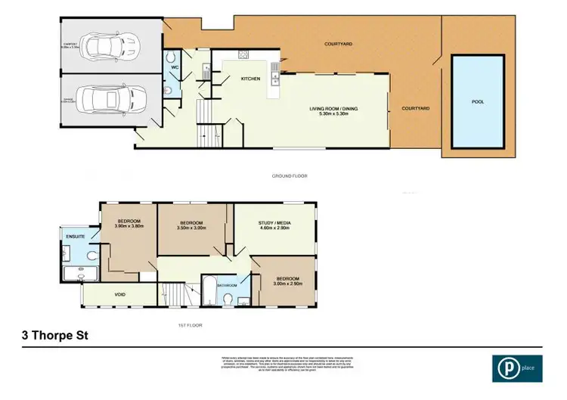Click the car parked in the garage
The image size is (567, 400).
[x=113, y=99]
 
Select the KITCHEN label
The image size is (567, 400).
[x=250, y=79]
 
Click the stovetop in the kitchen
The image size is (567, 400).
[x=244, y=54]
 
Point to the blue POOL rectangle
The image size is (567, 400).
[x=478, y=101]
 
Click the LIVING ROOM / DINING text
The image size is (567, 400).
[x=333, y=109]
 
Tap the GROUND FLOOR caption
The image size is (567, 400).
[x=290, y=175]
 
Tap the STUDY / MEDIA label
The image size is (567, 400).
[x=275, y=223]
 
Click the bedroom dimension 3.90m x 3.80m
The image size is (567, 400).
[x=129, y=226]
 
